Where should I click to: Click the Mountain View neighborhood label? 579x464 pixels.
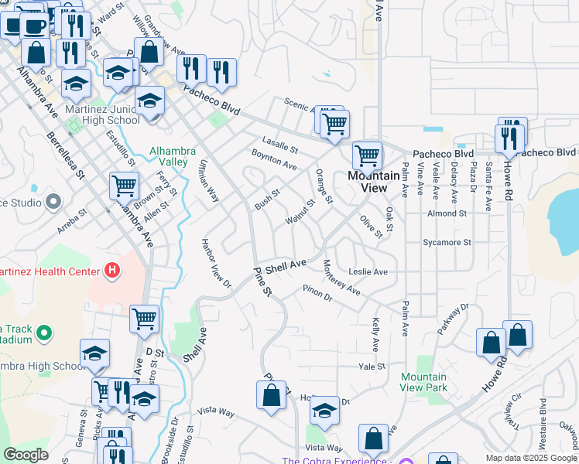click(x=368, y=182)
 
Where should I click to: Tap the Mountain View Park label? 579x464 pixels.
click(x=424, y=382)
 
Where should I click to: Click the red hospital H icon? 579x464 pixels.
click(x=113, y=271)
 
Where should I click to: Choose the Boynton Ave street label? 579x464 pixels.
click(x=274, y=160)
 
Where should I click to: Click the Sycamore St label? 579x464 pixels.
click(x=447, y=242)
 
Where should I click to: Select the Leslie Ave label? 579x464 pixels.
click(x=368, y=272)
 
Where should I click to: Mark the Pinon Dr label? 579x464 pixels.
click(x=317, y=294)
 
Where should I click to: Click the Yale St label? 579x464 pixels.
click(x=372, y=367)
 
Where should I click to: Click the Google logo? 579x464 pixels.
click(x=26, y=455)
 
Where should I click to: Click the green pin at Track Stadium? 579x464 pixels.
click(x=44, y=333)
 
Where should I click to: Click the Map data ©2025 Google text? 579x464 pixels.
click(x=530, y=457)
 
